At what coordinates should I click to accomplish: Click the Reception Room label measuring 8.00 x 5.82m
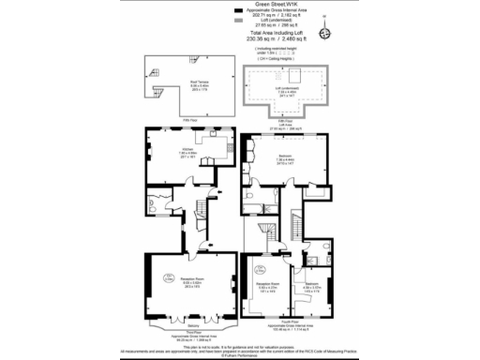[x=192, y=278]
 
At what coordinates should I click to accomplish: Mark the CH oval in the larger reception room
[x=166, y=277]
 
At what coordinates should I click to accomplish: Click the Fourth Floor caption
[x=285, y=326]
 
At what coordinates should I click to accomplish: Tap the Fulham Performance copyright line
[x=240, y=354]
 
